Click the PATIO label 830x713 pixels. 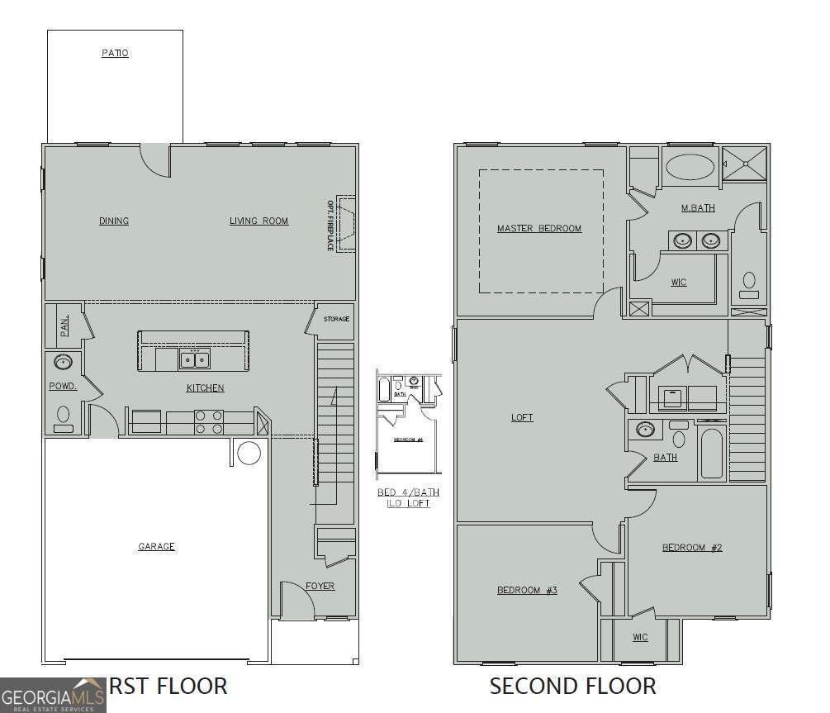click(115, 53)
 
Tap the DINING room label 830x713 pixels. click(114, 221)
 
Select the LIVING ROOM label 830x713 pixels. click(258, 221)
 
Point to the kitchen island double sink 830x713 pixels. click(195, 359)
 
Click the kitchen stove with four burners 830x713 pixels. click(208, 422)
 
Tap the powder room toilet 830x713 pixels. click(63, 416)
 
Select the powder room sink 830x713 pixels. click(63, 362)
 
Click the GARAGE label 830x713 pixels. click(156, 546)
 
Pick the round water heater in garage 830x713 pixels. click(249, 452)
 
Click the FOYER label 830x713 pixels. click(320, 586)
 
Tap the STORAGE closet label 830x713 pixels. click(336, 319)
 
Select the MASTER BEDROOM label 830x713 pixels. click(538, 228)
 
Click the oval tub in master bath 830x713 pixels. click(690, 166)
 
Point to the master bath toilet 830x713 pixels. click(749, 284)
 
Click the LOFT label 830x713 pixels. click(522, 417)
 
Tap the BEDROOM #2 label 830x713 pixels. click(691, 547)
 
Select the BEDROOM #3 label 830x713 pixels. click(527, 590)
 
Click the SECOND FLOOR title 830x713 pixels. click(572, 686)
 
